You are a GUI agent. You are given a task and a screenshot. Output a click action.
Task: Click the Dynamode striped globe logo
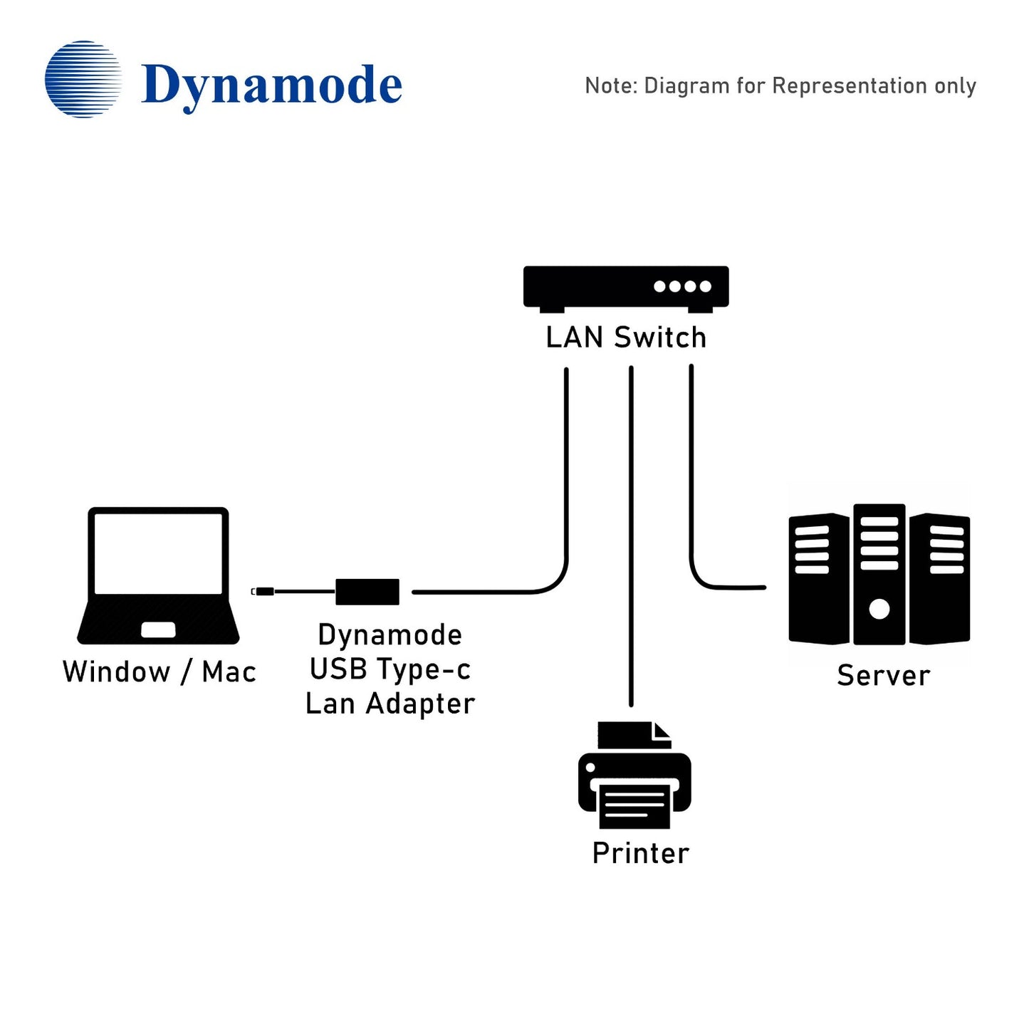pos(83,79)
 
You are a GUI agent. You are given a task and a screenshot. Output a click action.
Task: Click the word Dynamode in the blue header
pos(271,85)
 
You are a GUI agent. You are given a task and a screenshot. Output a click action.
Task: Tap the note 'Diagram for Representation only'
pos(780,86)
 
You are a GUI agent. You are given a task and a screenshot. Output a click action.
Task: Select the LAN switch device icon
pos(625,288)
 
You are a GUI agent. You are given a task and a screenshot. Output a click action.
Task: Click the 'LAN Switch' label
pos(625,338)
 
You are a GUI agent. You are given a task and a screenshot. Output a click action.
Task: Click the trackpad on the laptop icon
pos(158,630)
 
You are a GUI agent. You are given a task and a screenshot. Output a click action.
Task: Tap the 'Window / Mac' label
pos(159,672)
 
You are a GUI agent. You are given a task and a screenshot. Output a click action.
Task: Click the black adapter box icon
pos(367,591)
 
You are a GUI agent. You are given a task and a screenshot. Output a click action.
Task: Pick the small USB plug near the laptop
pos(263,591)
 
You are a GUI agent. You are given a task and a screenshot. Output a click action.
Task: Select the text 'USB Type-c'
pos(390,669)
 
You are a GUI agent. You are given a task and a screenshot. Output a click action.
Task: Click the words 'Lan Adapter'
pos(390,704)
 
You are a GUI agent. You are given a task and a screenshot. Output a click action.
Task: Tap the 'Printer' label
pos(640,853)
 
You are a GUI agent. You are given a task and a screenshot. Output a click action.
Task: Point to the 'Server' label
pos(883,675)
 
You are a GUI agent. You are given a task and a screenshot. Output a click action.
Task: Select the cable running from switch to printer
pos(631,534)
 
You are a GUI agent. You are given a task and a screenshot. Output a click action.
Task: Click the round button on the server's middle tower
pos(879,609)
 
